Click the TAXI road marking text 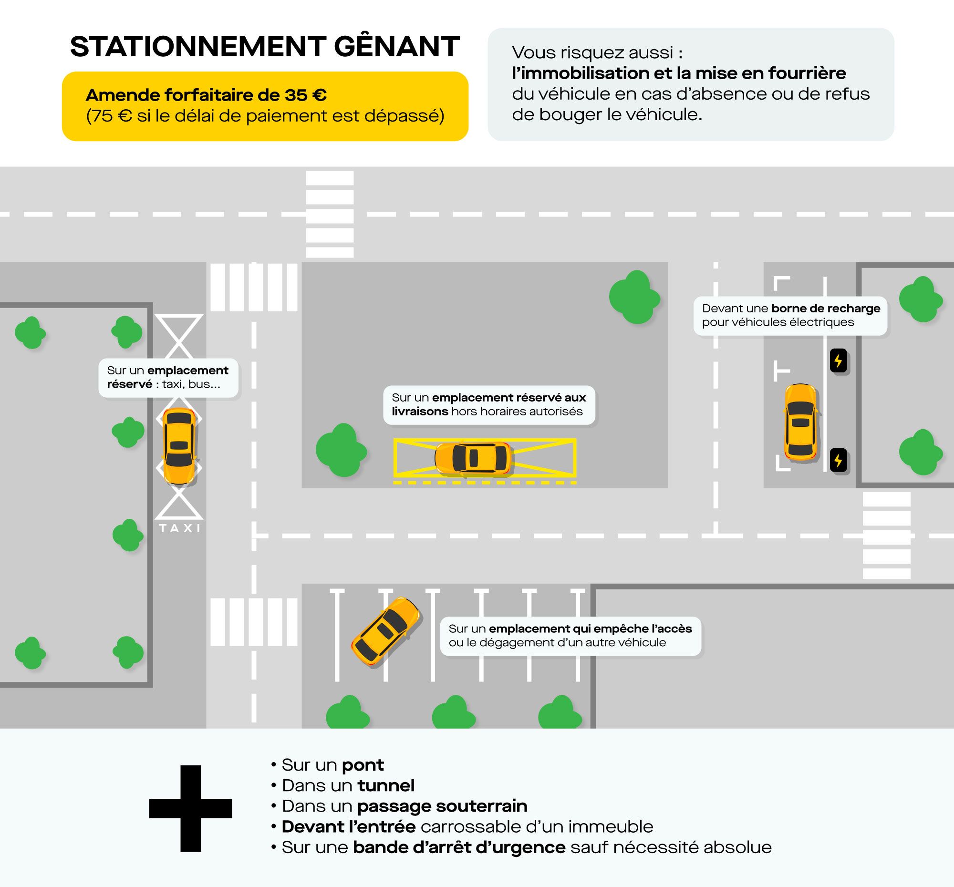pyautogui.click(x=179, y=528)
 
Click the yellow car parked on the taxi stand pyautogui.click(x=179, y=446)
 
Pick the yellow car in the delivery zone pyautogui.click(x=473, y=458)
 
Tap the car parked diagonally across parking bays pyautogui.click(x=386, y=631)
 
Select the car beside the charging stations pyautogui.click(x=800, y=423)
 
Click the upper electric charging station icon pyautogui.click(x=839, y=360)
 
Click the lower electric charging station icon pyautogui.click(x=839, y=461)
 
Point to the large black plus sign pyautogui.click(x=190, y=808)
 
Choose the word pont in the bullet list pyautogui.click(x=363, y=764)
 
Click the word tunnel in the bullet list pyautogui.click(x=386, y=785)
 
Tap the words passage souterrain pyautogui.click(x=442, y=806)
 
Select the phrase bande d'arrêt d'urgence pyautogui.click(x=459, y=847)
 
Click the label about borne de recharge pyautogui.click(x=790, y=315)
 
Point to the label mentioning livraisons pyautogui.click(x=489, y=404)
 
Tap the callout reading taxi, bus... pyautogui.click(x=168, y=377)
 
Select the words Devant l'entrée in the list pyautogui.click(x=348, y=826)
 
